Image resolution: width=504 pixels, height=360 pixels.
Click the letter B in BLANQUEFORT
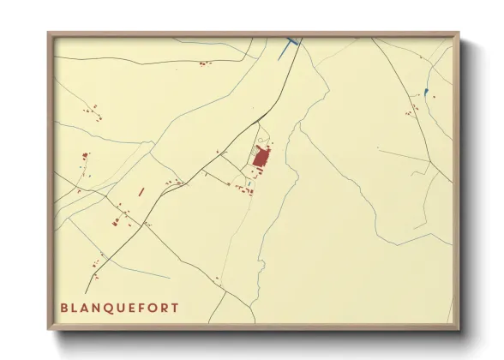64,308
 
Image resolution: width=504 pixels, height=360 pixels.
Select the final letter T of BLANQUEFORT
176,308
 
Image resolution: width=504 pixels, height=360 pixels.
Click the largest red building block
261,157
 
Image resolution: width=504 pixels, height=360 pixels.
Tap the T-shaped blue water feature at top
291,42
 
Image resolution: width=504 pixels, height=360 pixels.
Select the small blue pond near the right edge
426,92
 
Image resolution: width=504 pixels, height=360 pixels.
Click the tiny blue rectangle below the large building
249,183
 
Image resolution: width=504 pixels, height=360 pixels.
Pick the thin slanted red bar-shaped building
141,192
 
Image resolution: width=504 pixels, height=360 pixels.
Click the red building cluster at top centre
203,63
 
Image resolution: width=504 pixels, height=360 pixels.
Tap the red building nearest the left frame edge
84,157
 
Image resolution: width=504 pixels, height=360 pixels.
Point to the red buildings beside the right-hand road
414,108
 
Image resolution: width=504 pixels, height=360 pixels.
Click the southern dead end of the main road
86,292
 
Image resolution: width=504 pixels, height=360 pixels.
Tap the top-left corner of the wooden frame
49,33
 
